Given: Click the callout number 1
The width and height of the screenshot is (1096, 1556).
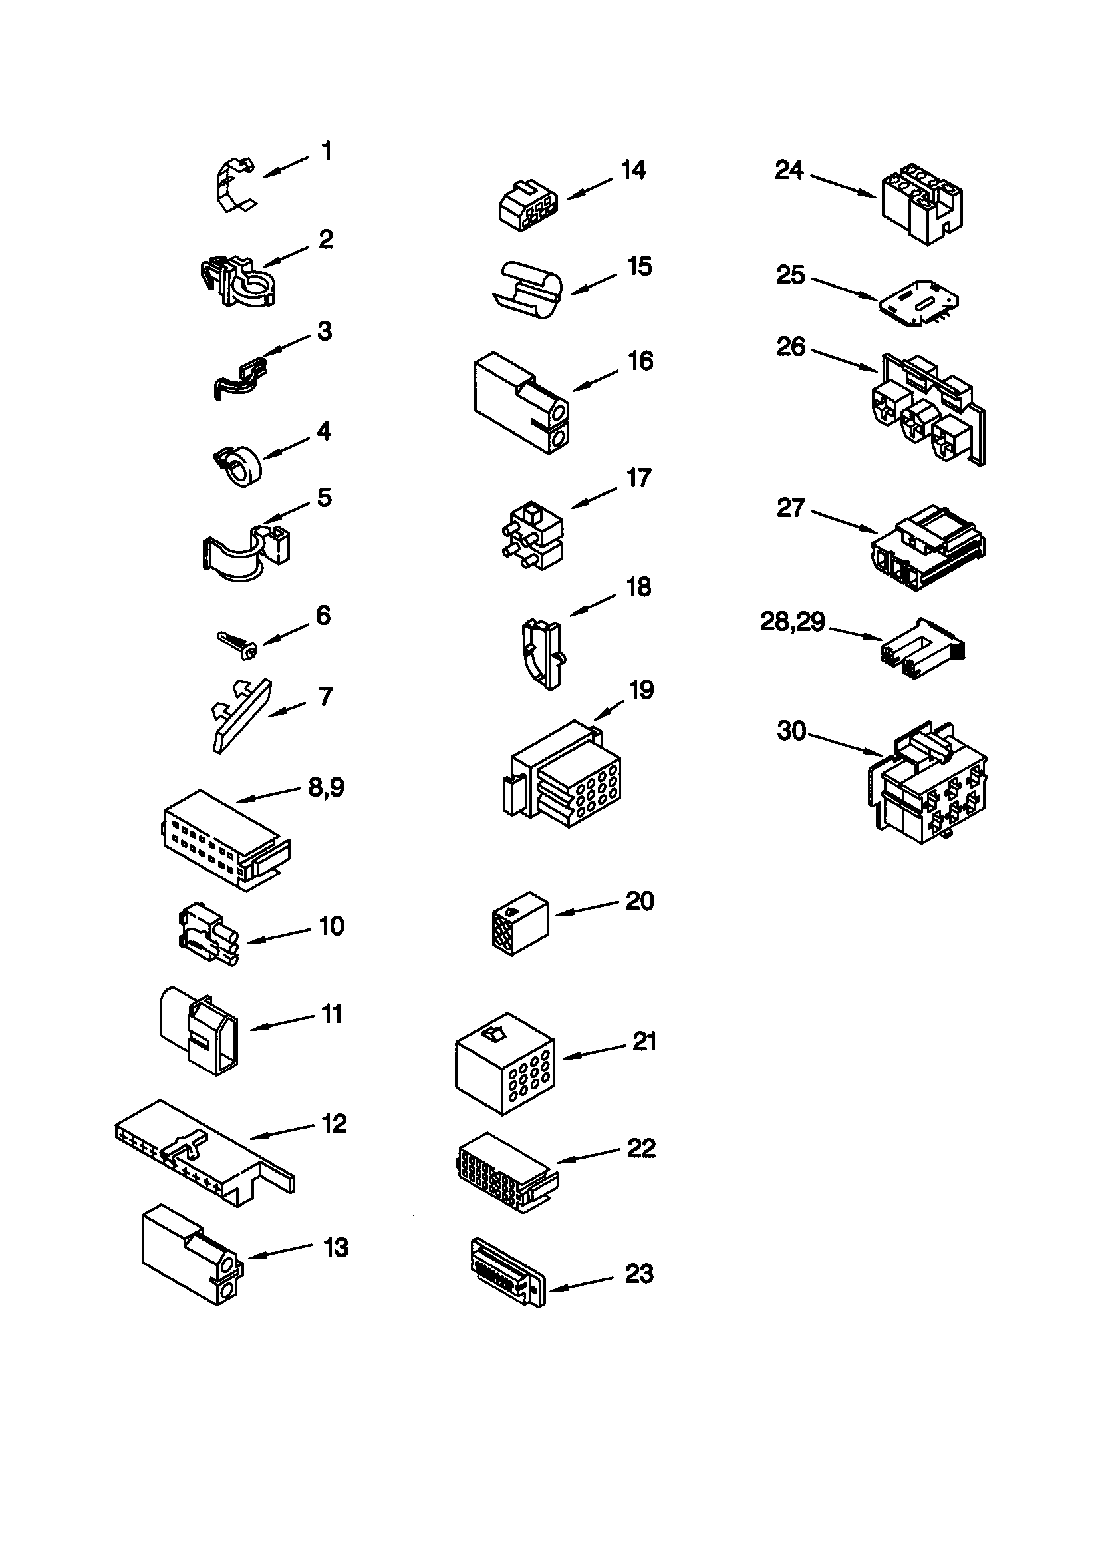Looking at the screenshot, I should click(x=327, y=151).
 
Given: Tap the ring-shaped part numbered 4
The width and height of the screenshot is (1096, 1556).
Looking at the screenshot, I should click(x=239, y=466).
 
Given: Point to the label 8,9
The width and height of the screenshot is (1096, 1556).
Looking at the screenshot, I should click(x=327, y=787).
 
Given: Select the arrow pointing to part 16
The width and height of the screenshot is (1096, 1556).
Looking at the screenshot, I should click(x=595, y=380).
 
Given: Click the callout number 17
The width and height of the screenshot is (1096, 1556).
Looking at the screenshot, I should click(x=638, y=479).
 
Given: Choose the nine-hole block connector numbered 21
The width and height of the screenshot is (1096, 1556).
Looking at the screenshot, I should click(x=505, y=1063).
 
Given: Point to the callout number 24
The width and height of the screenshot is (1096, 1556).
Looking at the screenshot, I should click(x=789, y=170).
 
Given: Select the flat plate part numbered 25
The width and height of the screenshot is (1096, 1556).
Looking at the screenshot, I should click(x=919, y=303).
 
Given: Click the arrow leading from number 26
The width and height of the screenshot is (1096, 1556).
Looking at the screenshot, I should click(x=843, y=359).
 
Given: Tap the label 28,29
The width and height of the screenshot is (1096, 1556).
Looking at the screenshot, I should click(x=793, y=621).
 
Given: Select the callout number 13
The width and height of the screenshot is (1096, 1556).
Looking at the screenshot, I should click(x=336, y=1247).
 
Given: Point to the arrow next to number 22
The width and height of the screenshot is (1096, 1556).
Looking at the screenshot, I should click(x=588, y=1155).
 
